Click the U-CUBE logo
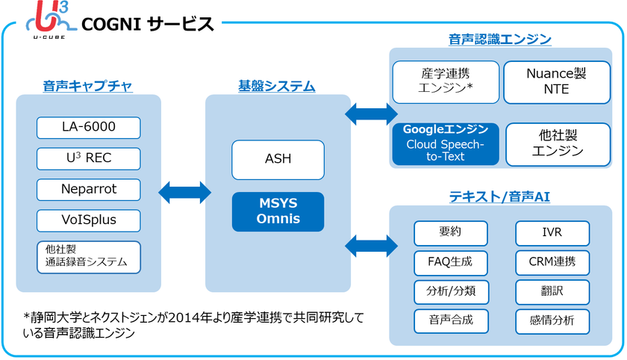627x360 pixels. point(50,19)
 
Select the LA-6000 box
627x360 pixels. point(88,128)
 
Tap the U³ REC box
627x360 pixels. point(88,158)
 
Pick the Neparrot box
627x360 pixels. point(88,190)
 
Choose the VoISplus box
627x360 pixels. point(88,220)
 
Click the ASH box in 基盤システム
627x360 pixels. point(278,160)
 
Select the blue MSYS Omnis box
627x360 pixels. point(278,211)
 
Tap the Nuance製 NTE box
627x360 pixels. point(557,82)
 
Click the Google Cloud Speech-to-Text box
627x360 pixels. point(446,144)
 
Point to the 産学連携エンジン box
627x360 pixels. point(446,82)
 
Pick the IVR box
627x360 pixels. point(552,233)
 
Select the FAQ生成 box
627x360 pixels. point(451,263)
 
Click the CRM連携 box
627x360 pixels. point(552,263)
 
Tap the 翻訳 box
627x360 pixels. point(552,292)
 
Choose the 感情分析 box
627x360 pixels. point(552,321)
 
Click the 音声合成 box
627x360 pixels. point(451,321)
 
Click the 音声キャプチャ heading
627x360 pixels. point(87,86)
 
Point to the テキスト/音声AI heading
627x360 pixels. point(499,196)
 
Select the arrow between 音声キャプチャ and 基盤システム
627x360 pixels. point(185,193)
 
